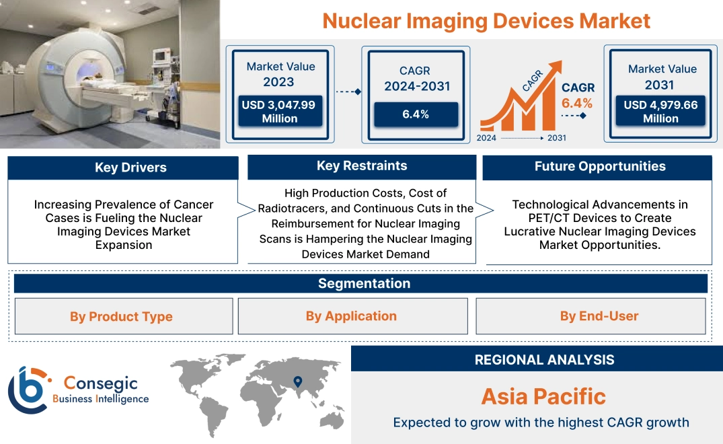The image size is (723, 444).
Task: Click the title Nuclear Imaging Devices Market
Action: click(x=486, y=20)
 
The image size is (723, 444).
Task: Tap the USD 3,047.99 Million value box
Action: click(x=279, y=111)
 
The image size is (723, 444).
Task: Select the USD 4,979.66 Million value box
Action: click(x=660, y=111)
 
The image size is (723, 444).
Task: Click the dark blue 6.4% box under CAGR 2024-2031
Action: click(x=416, y=114)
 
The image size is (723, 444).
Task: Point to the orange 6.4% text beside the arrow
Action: click(x=577, y=103)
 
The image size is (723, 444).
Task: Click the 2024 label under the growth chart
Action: click(x=487, y=138)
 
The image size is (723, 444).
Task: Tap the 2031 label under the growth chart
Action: click(x=556, y=138)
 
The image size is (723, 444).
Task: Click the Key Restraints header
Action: click(x=362, y=166)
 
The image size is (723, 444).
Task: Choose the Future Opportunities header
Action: click(x=597, y=167)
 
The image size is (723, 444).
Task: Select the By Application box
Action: click(x=352, y=316)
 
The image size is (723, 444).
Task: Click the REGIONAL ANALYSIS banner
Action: click(x=537, y=359)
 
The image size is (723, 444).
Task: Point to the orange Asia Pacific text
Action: click(x=543, y=396)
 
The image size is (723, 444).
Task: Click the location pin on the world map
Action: click(x=297, y=382)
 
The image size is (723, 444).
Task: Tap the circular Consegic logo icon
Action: click(x=28, y=390)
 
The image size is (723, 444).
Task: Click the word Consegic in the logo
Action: click(x=100, y=383)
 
